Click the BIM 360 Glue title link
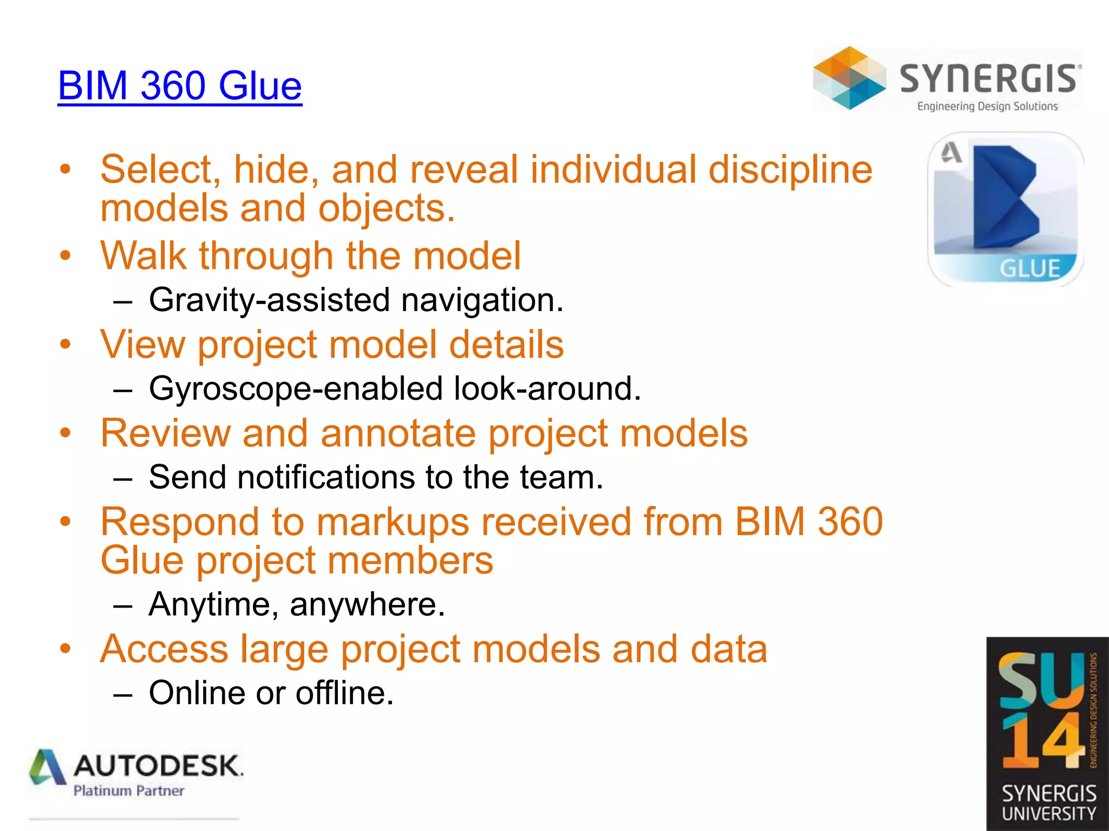point(180,85)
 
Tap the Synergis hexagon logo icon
point(849,78)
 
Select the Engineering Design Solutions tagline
point(987,107)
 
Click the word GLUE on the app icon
point(1029,268)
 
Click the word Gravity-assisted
point(269,300)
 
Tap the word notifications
point(325,477)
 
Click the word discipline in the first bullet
point(790,169)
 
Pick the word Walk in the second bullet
point(143,255)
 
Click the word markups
point(393,522)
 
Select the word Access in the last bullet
point(164,649)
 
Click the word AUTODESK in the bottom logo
point(158,766)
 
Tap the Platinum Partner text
point(129,791)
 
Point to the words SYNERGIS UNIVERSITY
point(1048,803)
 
